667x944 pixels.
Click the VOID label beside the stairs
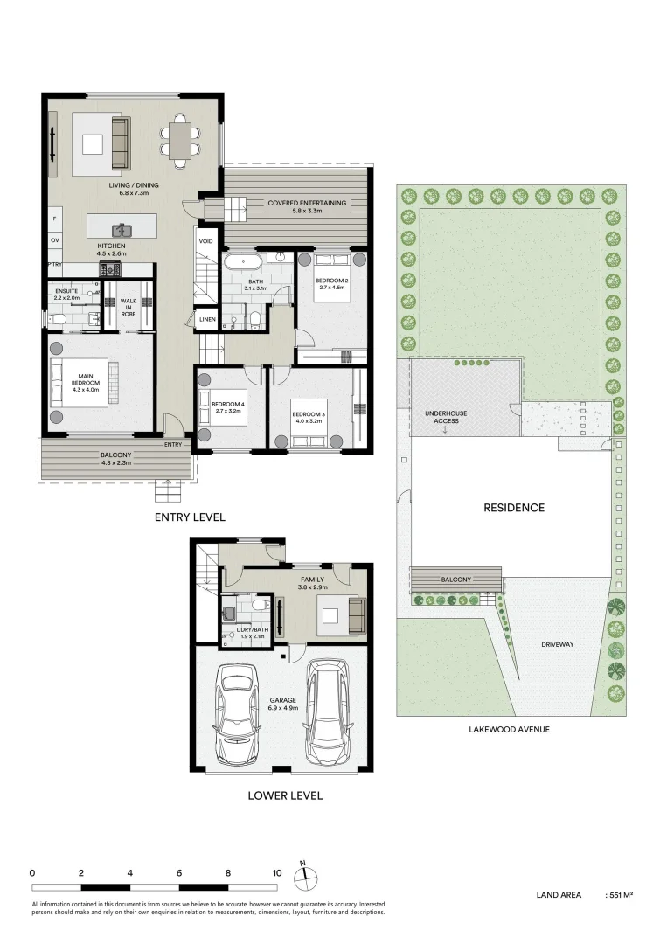[x=206, y=241]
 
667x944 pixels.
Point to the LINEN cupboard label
[x=207, y=320]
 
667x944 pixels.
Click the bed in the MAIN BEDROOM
[x=80, y=382]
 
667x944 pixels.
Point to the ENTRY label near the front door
[x=173, y=445]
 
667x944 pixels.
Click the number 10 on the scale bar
[x=277, y=872]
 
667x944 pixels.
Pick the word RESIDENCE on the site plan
[x=514, y=508]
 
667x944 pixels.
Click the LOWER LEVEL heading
[x=285, y=795]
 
